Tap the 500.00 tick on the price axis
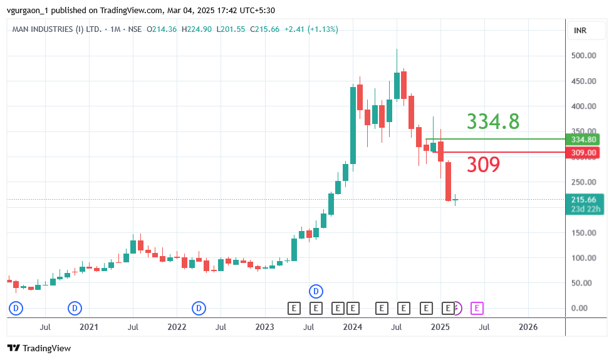coord(584,56)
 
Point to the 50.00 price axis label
coord(584,283)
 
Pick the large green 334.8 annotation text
coord(493,121)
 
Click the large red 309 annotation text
coord(484,165)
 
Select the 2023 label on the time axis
coord(265,327)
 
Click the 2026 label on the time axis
coord(528,327)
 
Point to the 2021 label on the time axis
coord(89,327)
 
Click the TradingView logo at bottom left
coord(39,348)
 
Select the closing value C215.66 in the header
coord(264,29)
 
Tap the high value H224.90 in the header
coord(197,29)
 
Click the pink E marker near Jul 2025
coord(477,307)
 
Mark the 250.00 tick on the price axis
coord(584,182)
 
